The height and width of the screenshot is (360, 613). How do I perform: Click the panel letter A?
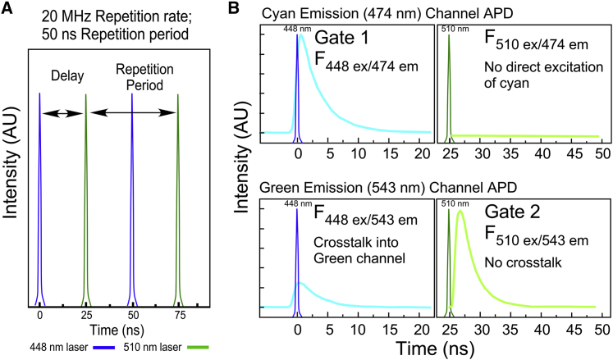coord(7,10)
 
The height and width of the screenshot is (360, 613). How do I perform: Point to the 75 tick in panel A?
coord(177,315)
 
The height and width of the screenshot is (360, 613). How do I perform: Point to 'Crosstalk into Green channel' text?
coord(360,249)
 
